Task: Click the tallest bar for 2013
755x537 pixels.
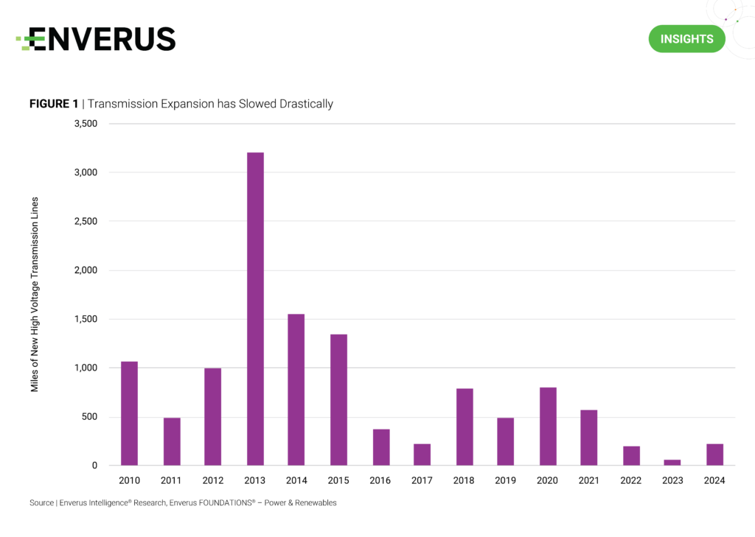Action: point(255,309)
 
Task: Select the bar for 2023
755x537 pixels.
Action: point(672,463)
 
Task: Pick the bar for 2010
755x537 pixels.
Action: point(129,413)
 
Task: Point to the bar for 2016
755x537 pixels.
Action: point(381,447)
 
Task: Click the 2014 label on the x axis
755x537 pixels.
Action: point(296,481)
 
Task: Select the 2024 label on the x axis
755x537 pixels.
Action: point(714,481)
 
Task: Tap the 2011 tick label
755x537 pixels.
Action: point(172,481)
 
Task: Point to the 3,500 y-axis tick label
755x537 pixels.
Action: point(86,124)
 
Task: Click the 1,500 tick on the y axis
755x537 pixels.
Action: point(86,319)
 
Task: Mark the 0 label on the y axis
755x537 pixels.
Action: point(94,466)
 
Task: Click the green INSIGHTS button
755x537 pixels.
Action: point(686,39)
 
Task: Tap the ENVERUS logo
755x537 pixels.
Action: point(96,39)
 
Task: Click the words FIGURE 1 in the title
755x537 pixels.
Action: point(54,104)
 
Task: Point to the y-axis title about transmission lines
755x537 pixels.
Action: point(35,295)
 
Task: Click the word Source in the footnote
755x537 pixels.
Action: point(41,503)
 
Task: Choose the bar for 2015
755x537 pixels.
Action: point(338,400)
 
